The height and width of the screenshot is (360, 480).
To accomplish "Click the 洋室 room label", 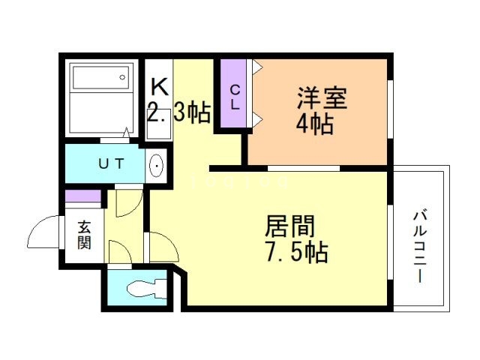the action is pyautogui.click(x=322, y=98).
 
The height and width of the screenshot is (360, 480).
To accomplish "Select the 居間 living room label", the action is pyautogui.click(x=289, y=226).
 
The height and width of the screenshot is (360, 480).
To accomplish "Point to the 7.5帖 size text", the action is pyautogui.click(x=297, y=252).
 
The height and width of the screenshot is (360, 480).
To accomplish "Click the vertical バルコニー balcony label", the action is pyautogui.click(x=420, y=246).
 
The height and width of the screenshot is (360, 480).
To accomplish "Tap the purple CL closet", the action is pyautogui.click(x=233, y=93).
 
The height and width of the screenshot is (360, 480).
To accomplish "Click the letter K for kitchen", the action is pyautogui.click(x=160, y=87).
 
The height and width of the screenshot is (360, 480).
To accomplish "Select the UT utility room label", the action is pyautogui.click(x=112, y=163).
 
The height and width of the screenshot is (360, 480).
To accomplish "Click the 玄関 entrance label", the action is pyautogui.click(x=84, y=235).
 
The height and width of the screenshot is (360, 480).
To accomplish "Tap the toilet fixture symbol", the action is pyautogui.click(x=147, y=288).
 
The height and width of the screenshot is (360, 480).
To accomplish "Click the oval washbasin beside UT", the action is pyautogui.click(x=156, y=166).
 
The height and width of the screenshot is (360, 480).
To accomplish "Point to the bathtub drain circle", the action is pyautogui.click(x=122, y=77).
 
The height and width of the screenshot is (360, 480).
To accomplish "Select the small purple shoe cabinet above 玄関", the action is pyautogui.click(x=83, y=196).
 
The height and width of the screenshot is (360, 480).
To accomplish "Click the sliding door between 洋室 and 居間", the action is pyautogui.click(x=304, y=168).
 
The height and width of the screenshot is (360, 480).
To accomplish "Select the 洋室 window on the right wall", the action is pyautogui.click(x=390, y=109).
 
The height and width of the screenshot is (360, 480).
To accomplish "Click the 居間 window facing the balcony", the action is pyautogui.click(x=390, y=242).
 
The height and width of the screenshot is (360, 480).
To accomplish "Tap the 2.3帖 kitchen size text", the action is pyautogui.click(x=178, y=112).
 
